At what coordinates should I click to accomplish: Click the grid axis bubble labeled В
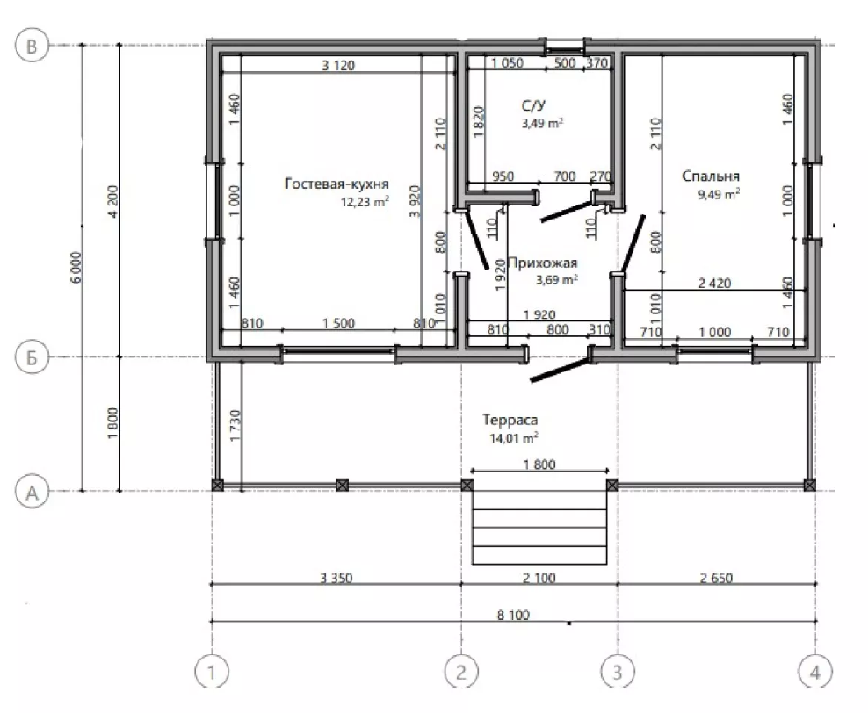point(32,45)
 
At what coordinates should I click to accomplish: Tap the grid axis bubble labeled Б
point(32,357)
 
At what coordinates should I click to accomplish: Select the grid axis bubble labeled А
point(32,491)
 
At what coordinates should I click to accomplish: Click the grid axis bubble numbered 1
point(212,672)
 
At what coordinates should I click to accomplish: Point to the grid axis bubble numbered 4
point(815,672)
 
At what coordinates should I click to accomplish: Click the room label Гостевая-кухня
point(336,184)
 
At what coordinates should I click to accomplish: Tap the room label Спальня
point(711,176)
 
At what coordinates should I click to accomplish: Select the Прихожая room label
point(543,263)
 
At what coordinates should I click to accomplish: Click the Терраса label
point(510,420)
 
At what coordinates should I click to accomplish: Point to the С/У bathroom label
point(533,105)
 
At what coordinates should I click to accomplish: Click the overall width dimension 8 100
point(513,615)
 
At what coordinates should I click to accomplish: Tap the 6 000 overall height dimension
point(76,268)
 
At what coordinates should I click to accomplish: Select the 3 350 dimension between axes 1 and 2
point(336,578)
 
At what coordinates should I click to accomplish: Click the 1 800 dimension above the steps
point(539,465)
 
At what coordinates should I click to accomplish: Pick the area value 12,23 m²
point(365,201)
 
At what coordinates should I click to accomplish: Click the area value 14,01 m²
point(514,438)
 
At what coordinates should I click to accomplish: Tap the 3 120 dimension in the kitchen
point(338,65)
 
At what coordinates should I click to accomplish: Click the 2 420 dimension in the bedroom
point(714,284)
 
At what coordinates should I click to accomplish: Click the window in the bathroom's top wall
point(565,47)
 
